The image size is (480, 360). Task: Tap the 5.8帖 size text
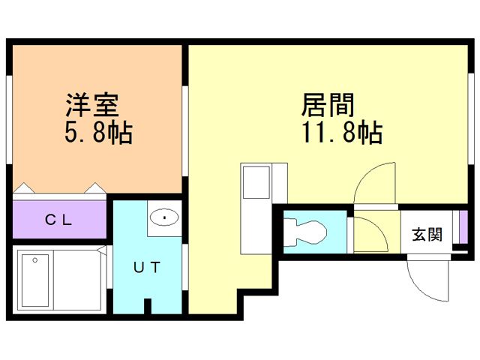(98, 133)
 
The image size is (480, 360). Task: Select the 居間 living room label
(328, 103)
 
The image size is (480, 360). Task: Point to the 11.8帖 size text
(342, 133)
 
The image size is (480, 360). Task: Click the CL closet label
(58, 220)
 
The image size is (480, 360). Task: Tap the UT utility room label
(146, 268)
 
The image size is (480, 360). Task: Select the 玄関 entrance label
(427, 234)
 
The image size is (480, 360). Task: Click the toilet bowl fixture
(309, 232)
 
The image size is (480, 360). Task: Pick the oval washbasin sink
(164, 218)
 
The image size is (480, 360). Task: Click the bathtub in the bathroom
(35, 280)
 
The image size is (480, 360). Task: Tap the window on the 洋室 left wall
(9, 120)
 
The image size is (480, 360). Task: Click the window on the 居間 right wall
(473, 120)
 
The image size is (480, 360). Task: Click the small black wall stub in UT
(148, 306)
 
